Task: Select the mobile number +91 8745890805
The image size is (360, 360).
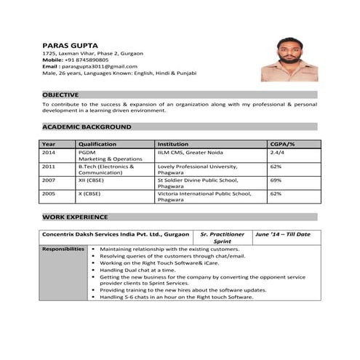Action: pyautogui.click(x=90, y=60)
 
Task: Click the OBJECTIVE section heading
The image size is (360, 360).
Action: pyautogui.click(x=61, y=95)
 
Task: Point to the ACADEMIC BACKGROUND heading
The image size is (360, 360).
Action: pyautogui.click(x=87, y=127)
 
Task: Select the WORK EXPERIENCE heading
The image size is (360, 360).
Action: pyautogui.click(x=75, y=217)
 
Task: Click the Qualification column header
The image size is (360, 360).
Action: pyautogui.click(x=97, y=145)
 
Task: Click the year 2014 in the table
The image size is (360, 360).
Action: pyautogui.click(x=49, y=153)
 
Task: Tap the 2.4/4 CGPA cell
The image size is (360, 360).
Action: pyautogui.click(x=277, y=153)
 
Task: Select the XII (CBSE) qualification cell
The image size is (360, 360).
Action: pyautogui.click(x=93, y=180)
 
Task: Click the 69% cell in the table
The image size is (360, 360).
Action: pyautogui.click(x=276, y=180)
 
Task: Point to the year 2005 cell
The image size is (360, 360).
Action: pyautogui.click(x=49, y=194)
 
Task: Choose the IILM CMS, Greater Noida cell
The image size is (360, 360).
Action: pyautogui.click(x=191, y=153)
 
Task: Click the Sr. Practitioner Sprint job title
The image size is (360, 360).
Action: pyautogui.click(x=222, y=238)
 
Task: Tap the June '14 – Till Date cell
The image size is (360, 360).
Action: pyautogui.click(x=283, y=234)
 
